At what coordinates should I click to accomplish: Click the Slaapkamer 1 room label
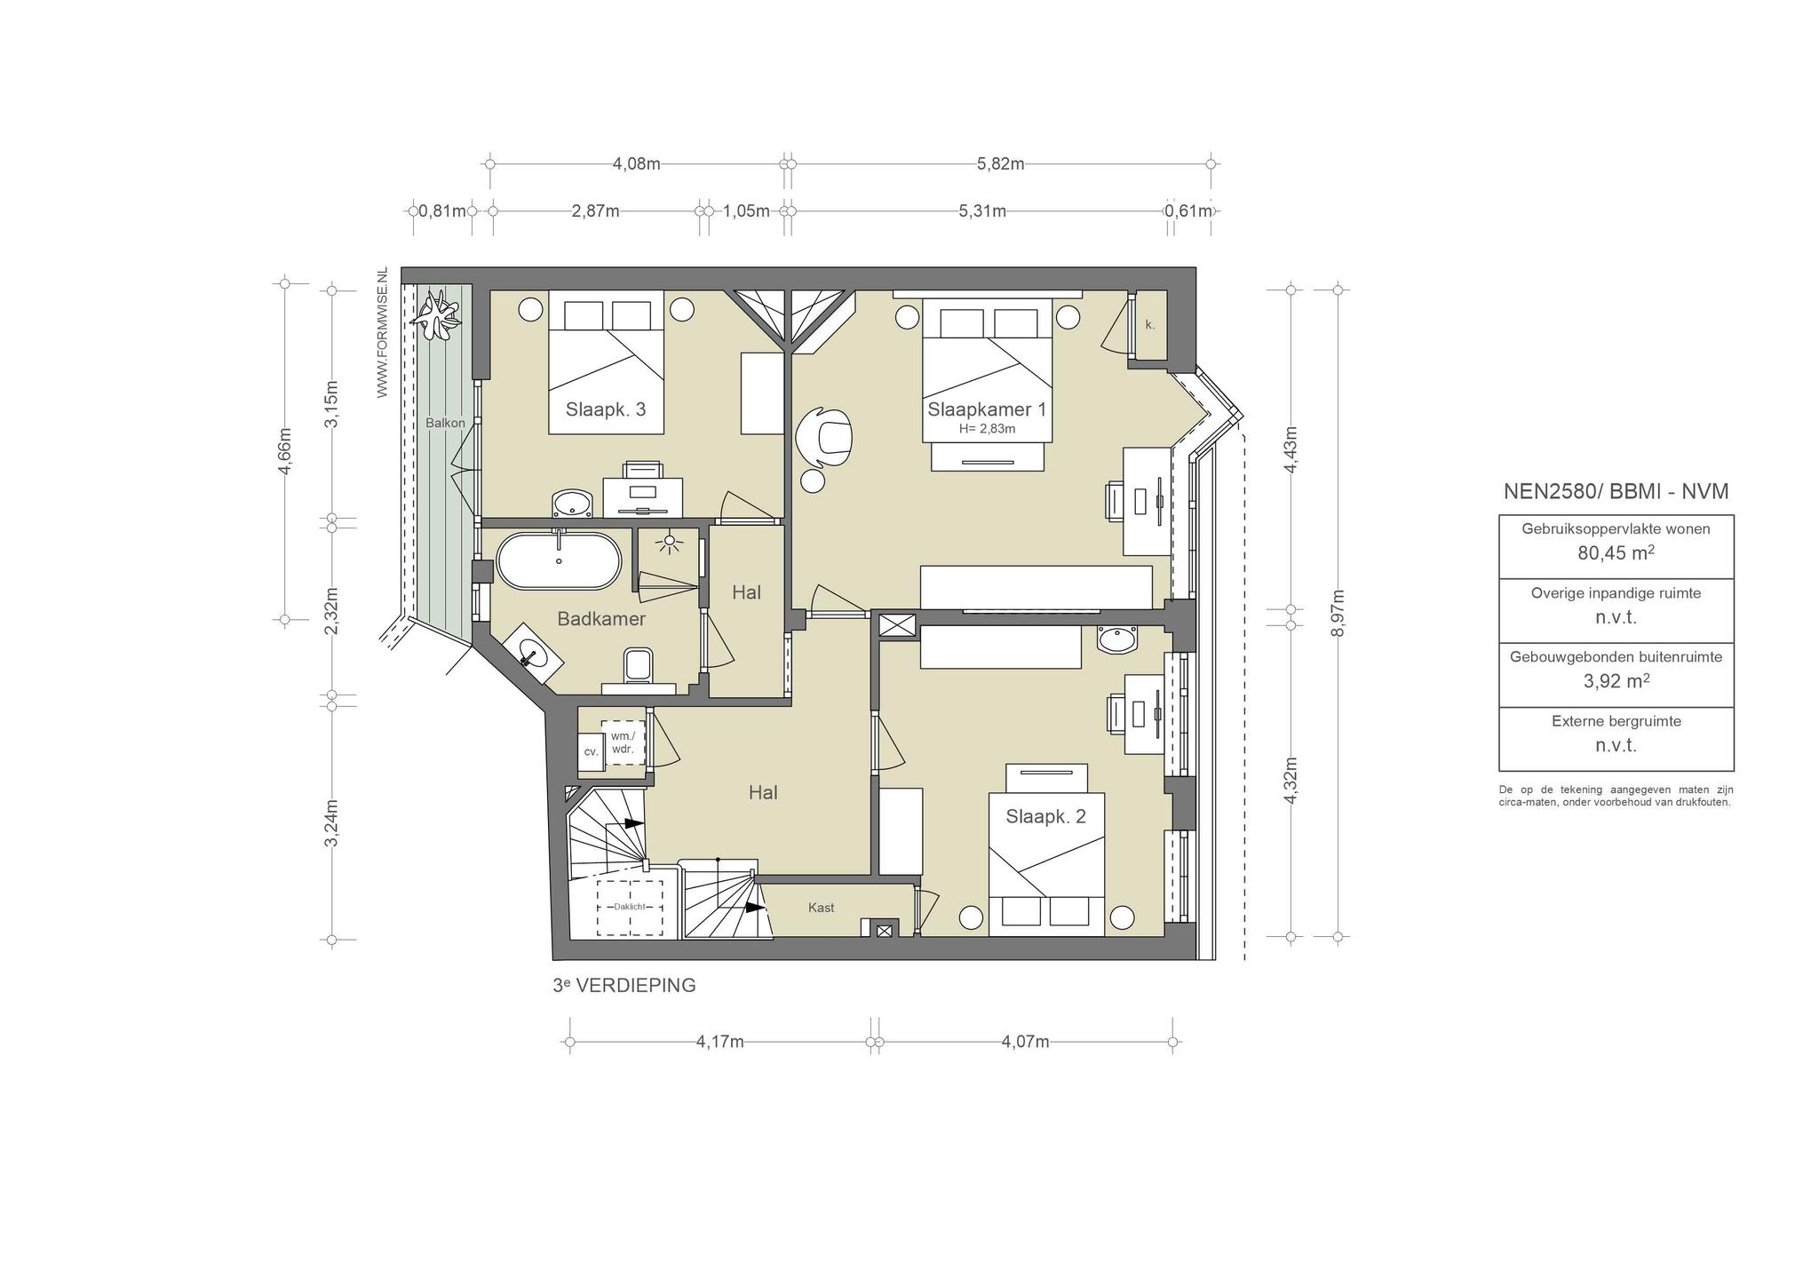pos(987,409)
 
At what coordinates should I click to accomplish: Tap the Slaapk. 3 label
pos(606,409)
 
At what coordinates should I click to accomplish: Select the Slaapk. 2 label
pos(1045,816)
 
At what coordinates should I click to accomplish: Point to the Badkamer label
pos(601,619)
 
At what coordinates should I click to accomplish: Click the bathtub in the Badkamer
pos(559,560)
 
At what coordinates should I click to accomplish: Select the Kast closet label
pos(821,908)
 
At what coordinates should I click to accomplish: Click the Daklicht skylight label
pos(630,907)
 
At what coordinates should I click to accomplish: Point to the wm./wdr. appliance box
pos(623,742)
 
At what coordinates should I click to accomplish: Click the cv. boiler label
pos(591,751)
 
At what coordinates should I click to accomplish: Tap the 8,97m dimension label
pos(1339,613)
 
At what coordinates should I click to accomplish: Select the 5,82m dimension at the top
pos(1000,163)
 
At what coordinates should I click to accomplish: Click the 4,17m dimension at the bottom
pos(719,1042)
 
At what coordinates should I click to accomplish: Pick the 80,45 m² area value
pos(1616,553)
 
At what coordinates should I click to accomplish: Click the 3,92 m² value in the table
pos(1616,681)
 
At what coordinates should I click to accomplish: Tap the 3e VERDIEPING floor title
pos(624,986)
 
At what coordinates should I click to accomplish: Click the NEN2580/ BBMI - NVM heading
pos(1616,491)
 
